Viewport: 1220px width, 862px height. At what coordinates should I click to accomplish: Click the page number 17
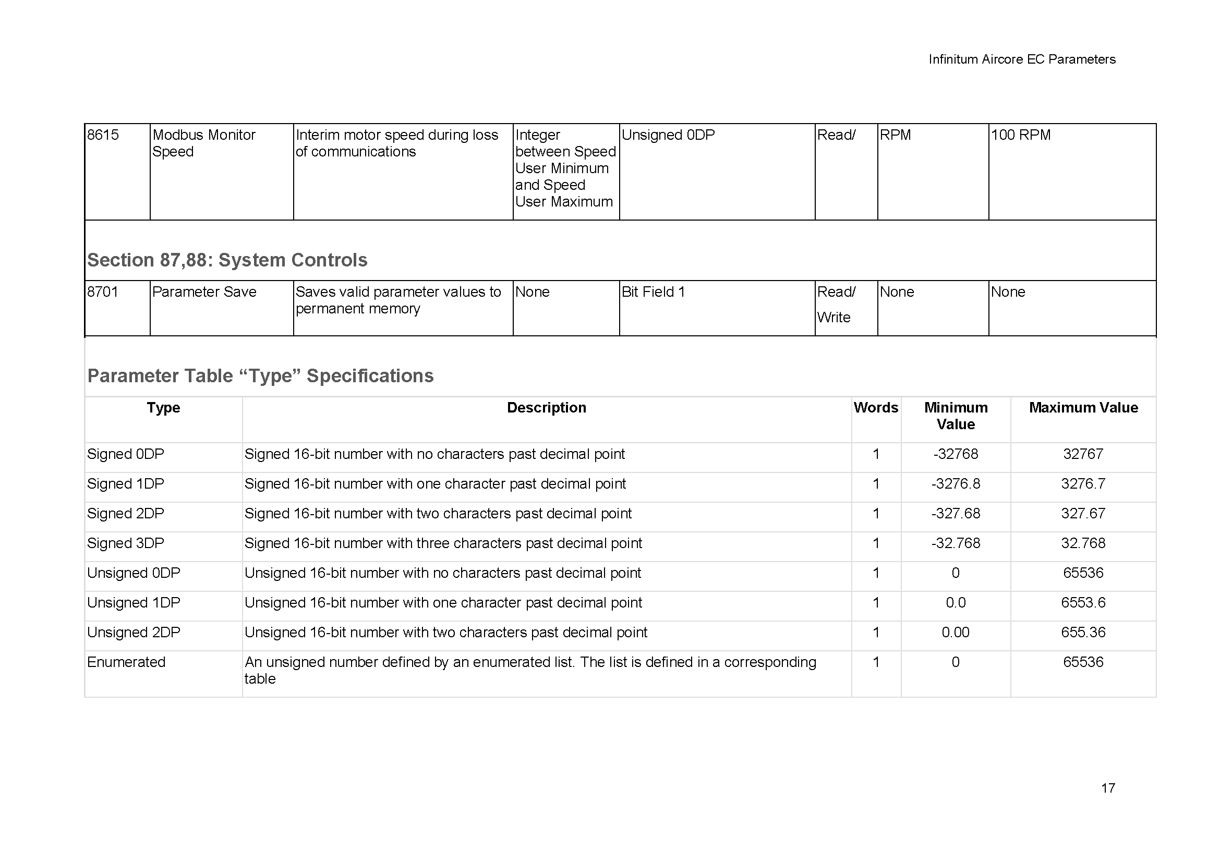1108,787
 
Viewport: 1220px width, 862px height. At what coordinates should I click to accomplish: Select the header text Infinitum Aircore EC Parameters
1022,59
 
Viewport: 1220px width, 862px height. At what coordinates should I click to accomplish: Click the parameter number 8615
103,135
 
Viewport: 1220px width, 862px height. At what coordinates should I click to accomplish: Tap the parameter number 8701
103,292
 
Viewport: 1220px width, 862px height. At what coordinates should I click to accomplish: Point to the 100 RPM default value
1021,135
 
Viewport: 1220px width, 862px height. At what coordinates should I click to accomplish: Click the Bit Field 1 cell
653,292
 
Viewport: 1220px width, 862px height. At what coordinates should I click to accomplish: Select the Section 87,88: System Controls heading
227,260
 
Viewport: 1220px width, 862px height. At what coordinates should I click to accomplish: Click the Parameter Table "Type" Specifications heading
260,376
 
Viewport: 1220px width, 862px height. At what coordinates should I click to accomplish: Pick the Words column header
876,408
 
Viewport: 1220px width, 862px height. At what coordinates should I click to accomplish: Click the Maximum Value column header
1083,408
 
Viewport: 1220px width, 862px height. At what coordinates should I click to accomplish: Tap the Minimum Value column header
956,416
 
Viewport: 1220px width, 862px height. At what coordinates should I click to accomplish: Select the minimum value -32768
956,454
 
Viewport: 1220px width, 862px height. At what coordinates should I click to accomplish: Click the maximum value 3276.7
1083,484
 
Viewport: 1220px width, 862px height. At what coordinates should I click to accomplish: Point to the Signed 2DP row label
125,514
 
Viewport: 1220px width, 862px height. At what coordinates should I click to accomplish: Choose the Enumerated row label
126,662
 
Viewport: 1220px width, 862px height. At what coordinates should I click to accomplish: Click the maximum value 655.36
1083,633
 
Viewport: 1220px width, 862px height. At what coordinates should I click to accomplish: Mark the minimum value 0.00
956,633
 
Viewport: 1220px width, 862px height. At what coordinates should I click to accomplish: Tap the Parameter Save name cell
204,292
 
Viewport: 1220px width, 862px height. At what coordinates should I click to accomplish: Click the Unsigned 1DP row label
134,603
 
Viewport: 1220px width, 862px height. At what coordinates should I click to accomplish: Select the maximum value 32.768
1083,543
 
